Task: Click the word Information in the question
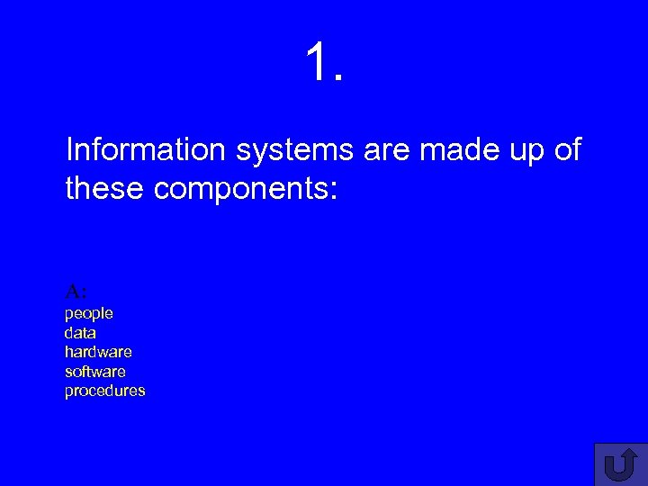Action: point(146,150)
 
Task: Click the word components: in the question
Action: point(246,190)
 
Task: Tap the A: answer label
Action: point(76,291)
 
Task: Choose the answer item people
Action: point(88,313)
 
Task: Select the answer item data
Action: point(80,333)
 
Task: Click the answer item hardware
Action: point(98,352)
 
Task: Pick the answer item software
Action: point(95,371)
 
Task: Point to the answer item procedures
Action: point(104,391)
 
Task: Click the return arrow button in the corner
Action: point(620,464)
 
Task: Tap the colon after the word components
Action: point(332,192)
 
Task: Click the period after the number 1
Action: point(338,78)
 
